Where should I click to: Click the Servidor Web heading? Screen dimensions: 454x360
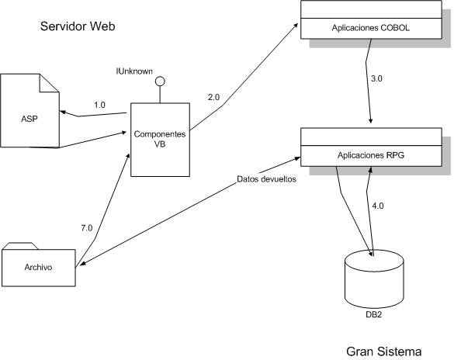(x=78, y=26)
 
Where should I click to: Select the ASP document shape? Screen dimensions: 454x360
(x=29, y=111)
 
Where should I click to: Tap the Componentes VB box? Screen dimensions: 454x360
(x=160, y=140)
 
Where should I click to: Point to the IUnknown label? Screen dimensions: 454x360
(x=134, y=71)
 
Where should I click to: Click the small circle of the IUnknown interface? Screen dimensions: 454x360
(x=160, y=81)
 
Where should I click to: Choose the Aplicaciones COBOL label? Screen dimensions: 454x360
(x=371, y=28)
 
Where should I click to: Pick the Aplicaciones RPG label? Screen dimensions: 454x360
(x=371, y=155)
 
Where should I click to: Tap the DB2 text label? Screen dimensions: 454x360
(x=374, y=314)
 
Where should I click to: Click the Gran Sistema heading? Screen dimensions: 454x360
(x=383, y=351)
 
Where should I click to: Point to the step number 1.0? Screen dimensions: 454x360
(x=99, y=105)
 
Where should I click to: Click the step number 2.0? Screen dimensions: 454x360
(x=213, y=98)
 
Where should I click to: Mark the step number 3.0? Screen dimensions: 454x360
(x=376, y=78)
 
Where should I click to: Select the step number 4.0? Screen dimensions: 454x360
(x=378, y=206)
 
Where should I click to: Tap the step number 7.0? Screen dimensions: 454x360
(x=87, y=228)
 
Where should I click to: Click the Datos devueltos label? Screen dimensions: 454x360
(x=266, y=179)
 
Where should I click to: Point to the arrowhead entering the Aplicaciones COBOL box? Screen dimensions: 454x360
(x=296, y=25)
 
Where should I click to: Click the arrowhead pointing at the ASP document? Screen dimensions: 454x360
(x=62, y=112)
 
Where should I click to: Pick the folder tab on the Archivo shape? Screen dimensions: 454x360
(x=20, y=246)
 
